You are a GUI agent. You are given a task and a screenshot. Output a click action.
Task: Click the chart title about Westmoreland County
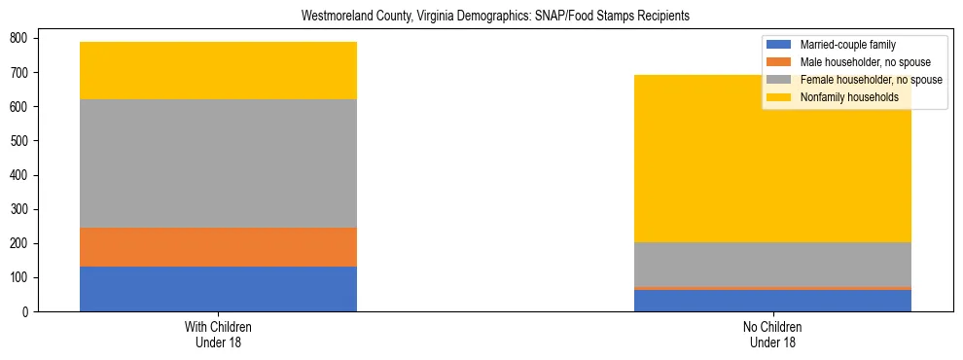[481, 17]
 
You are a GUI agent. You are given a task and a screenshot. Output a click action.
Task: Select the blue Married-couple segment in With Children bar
[218, 289]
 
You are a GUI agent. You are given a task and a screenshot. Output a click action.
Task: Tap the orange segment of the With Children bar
[218, 247]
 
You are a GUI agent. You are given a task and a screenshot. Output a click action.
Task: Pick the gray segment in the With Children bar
[218, 163]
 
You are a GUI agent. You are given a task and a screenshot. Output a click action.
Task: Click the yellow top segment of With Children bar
[218, 70]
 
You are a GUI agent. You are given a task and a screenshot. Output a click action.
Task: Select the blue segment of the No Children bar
[772, 301]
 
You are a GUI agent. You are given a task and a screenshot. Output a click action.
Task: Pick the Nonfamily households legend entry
[849, 97]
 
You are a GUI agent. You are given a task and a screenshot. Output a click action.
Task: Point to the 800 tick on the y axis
[18, 38]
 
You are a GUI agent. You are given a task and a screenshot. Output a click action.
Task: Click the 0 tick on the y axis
[26, 311]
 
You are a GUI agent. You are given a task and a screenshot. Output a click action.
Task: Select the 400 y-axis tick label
[18, 175]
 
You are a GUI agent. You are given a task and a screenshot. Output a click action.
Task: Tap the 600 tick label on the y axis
[18, 106]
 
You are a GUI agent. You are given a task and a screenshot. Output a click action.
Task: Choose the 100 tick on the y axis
[18, 277]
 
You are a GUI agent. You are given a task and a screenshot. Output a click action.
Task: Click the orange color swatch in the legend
[779, 62]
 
